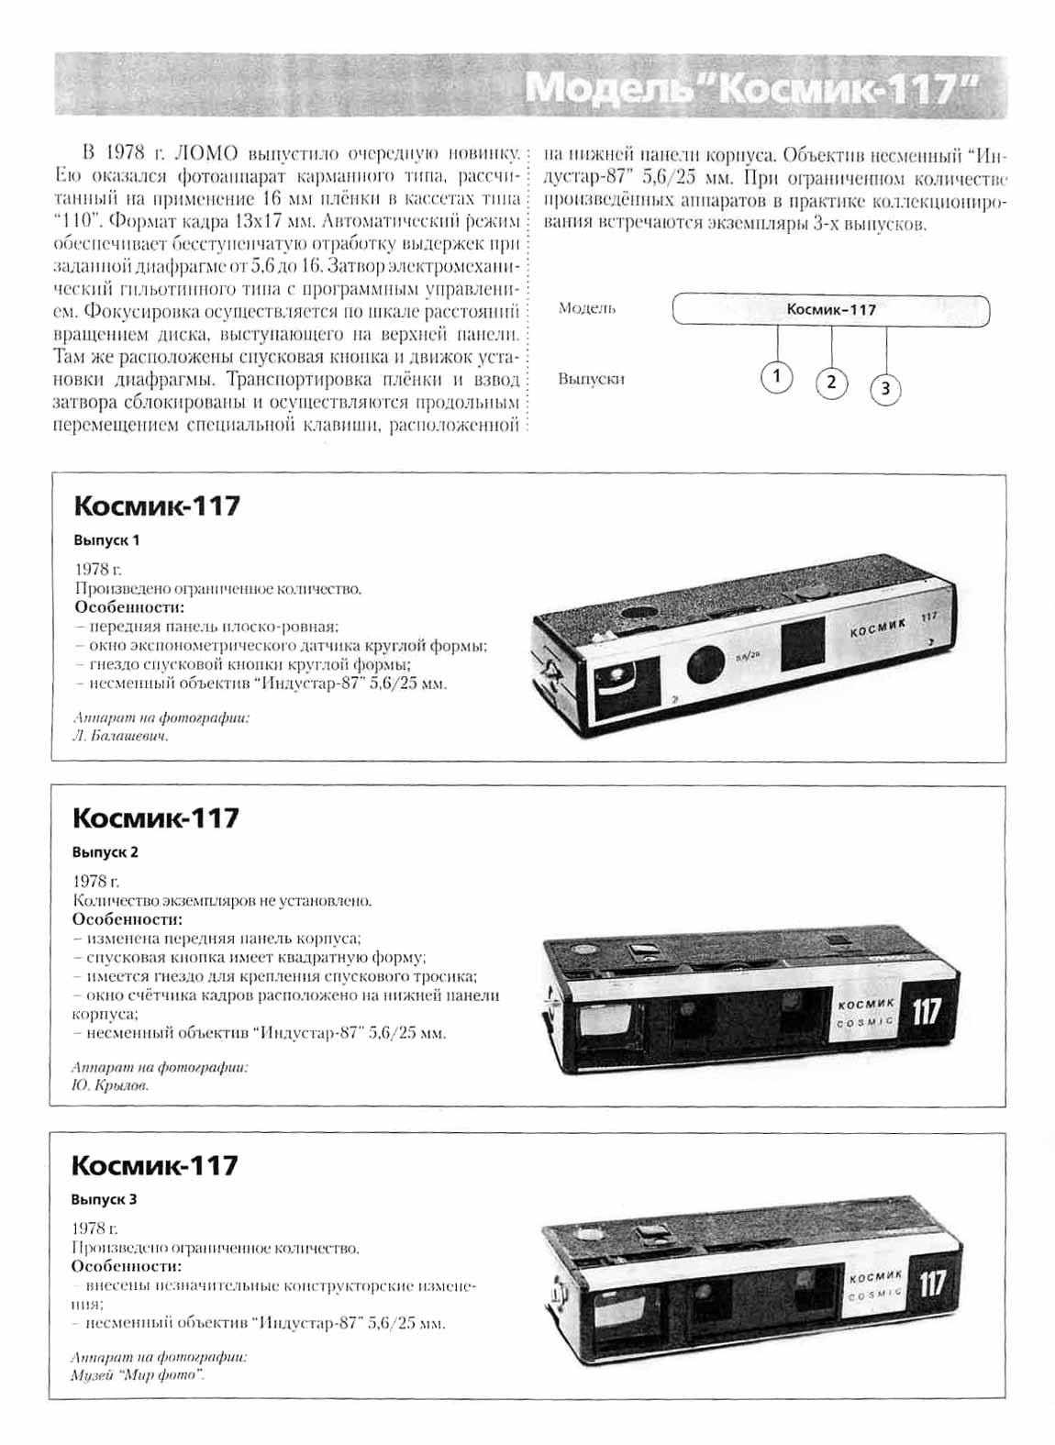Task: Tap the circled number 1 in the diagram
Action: [776, 376]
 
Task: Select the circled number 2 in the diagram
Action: [831, 382]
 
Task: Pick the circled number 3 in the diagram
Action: [885, 389]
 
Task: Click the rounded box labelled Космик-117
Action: [830, 310]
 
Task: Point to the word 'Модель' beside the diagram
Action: [587, 309]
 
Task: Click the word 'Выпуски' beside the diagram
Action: [591, 379]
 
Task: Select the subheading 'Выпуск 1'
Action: [106, 540]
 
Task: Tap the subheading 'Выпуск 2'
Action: [105, 852]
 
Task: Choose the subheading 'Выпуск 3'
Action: [105, 1199]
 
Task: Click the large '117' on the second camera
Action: [927, 1012]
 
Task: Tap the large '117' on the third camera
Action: [932, 1283]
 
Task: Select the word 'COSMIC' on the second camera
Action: [865, 1022]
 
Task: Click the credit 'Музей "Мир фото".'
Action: [138, 1375]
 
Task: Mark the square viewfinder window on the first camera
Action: [805, 647]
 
